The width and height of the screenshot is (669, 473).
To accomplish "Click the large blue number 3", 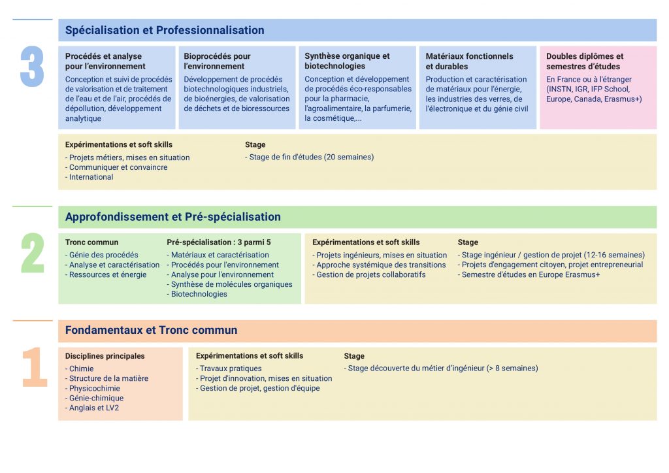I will [32, 67].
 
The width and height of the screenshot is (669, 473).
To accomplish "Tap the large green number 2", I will [32, 253].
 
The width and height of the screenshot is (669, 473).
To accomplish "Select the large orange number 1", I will [35, 367].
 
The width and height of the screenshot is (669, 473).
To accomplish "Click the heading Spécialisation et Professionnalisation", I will [165, 30].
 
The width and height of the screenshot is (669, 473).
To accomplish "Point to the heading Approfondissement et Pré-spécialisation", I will [172, 217].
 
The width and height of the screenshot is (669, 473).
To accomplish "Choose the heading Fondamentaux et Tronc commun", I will [151, 330].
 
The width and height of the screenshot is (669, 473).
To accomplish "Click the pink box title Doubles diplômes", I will [585, 61].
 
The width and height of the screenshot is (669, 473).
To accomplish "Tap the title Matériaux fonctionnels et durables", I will [469, 61].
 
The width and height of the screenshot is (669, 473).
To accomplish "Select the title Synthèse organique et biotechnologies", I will [347, 61].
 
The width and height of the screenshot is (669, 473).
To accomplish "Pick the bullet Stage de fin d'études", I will [310, 157].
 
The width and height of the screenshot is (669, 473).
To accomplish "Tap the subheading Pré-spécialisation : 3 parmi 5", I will [218, 242].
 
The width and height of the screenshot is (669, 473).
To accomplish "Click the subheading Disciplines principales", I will [105, 356].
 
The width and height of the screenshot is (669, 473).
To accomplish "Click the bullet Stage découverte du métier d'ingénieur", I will [441, 368].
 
